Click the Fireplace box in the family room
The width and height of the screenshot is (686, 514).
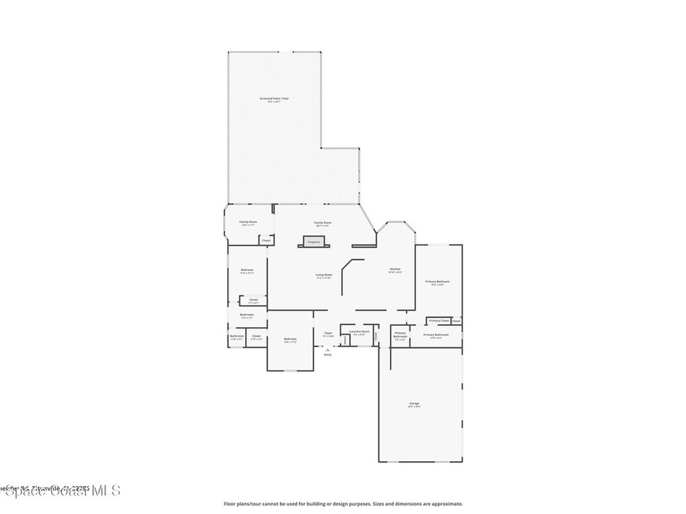(314, 241)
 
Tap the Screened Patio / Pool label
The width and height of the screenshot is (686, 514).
(274, 98)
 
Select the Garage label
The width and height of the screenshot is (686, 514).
(415, 404)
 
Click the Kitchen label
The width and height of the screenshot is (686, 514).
(395, 270)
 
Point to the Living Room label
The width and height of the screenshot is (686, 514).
(324, 274)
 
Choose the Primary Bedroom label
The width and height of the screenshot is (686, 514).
(437, 282)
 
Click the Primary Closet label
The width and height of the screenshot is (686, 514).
(439, 321)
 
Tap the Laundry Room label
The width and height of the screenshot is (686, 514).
(359, 331)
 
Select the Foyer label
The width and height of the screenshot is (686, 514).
(328, 333)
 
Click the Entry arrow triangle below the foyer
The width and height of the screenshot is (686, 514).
(328, 349)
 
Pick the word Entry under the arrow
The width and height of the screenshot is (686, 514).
(328, 355)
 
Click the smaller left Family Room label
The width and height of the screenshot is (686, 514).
(248, 222)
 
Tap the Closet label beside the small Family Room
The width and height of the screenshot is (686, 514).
(266, 240)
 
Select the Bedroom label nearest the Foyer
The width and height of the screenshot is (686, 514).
(290, 339)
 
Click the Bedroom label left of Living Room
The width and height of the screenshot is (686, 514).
(247, 270)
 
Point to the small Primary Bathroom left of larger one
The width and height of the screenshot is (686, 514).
(400, 333)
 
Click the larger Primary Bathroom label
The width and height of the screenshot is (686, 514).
(436, 335)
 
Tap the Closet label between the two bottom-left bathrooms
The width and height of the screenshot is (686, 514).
(256, 336)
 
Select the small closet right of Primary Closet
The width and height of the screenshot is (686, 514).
(456, 321)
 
